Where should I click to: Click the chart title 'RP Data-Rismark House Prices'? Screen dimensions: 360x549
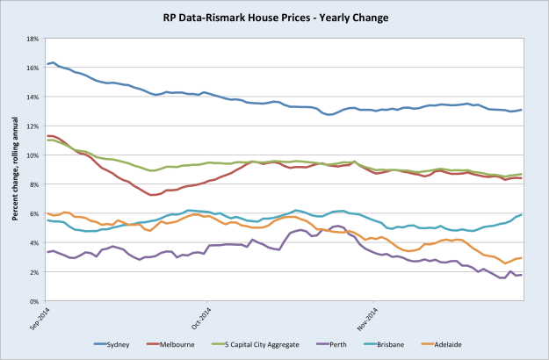274,17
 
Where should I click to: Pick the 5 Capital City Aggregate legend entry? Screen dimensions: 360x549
266,344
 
